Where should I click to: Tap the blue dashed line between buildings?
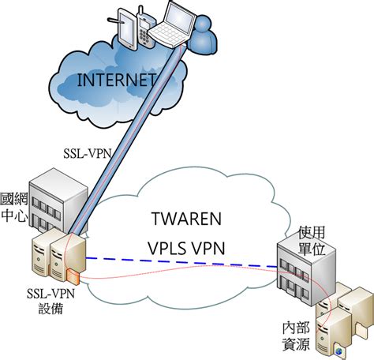tap(181, 261)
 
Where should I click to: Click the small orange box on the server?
tap(73, 277)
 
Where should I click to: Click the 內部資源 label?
tap(297, 335)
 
